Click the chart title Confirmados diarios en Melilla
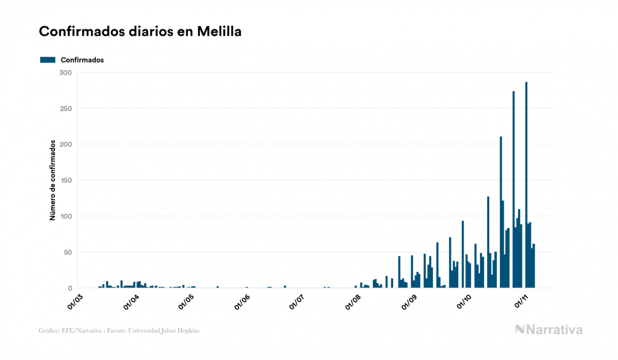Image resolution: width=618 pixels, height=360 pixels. pyautogui.click(x=140, y=32)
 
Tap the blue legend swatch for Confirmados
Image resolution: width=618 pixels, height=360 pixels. pyautogui.click(x=48, y=60)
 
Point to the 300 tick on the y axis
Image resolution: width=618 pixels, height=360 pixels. pyautogui.click(x=66, y=73)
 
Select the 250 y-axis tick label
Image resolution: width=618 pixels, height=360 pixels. pyautogui.click(x=66, y=108)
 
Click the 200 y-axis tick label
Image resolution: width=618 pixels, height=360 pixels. pyautogui.click(x=66, y=144)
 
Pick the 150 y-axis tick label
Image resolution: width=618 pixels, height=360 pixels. pyautogui.click(x=66, y=181)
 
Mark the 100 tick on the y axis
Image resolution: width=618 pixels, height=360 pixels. pyautogui.click(x=66, y=216)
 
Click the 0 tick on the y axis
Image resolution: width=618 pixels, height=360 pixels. pyautogui.click(x=69, y=288)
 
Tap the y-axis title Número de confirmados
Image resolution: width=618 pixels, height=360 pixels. pyautogui.click(x=52, y=181)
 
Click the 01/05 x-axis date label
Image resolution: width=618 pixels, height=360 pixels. pyautogui.click(x=185, y=299)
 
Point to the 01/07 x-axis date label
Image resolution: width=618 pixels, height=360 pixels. pyautogui.click(x=297, y=299)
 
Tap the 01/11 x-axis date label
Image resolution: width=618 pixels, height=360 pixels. pyautogui.click(x=521, y=299)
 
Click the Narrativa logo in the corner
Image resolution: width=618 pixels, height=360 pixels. pyautogui.click(x=549, y=330)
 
